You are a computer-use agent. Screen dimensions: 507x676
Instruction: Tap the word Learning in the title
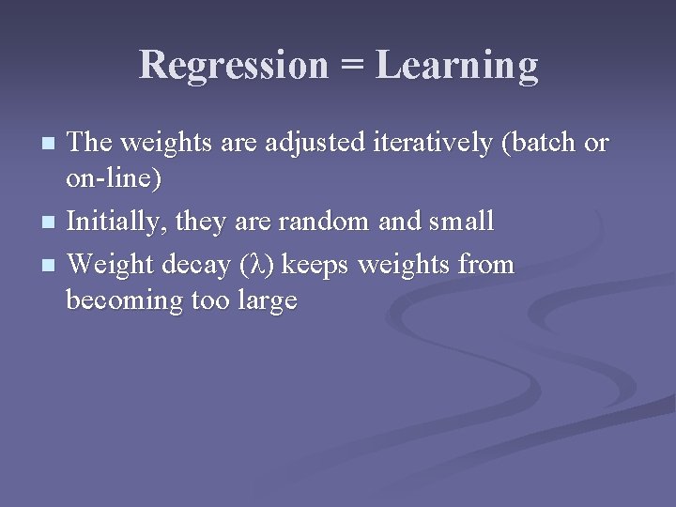[x=457, y=66]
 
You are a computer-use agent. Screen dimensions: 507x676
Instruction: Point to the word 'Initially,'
[x=118, y=223]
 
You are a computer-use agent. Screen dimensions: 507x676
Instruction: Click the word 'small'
[x=461, y=222]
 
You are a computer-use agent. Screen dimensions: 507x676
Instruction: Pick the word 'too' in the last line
[x=209, y=300]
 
